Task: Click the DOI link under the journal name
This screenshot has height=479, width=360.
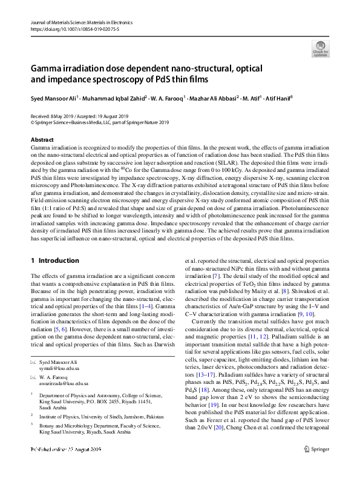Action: coord(70,28)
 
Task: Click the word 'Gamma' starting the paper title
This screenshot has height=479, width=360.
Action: coord(48,68)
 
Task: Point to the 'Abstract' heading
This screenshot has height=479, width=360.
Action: coord(42,140)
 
